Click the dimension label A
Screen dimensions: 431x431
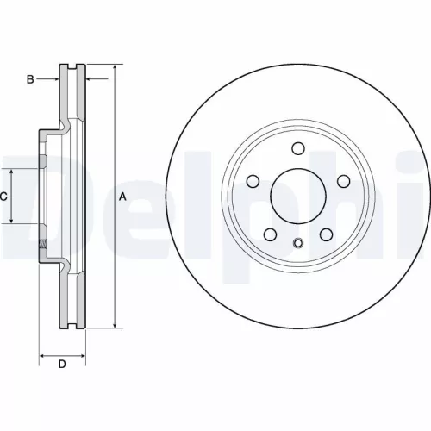[122, 197]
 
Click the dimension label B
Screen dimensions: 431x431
[29, 79]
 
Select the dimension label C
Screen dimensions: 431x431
[3, 197]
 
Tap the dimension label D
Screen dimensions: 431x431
[61, 365]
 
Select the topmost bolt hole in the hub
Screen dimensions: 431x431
[298, 148]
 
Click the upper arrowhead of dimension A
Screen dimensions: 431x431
[115, 67]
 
